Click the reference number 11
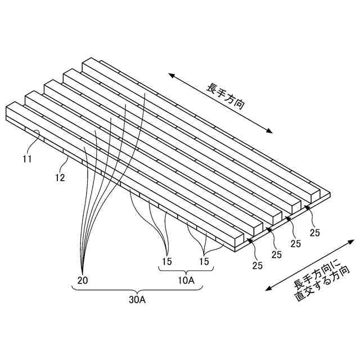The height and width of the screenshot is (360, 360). point(27,159)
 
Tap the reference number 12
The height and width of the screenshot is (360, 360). point(60,178)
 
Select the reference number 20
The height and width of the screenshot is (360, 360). point(82,280)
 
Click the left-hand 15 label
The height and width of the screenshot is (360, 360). point(167,261)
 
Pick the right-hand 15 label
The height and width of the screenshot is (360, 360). point(204,261)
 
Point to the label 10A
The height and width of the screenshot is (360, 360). point(187,280)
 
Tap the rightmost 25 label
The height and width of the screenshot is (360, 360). point(316,232)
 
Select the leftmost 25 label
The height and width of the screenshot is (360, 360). point(258,264)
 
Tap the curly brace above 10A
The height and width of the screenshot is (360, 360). point(186,271)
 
